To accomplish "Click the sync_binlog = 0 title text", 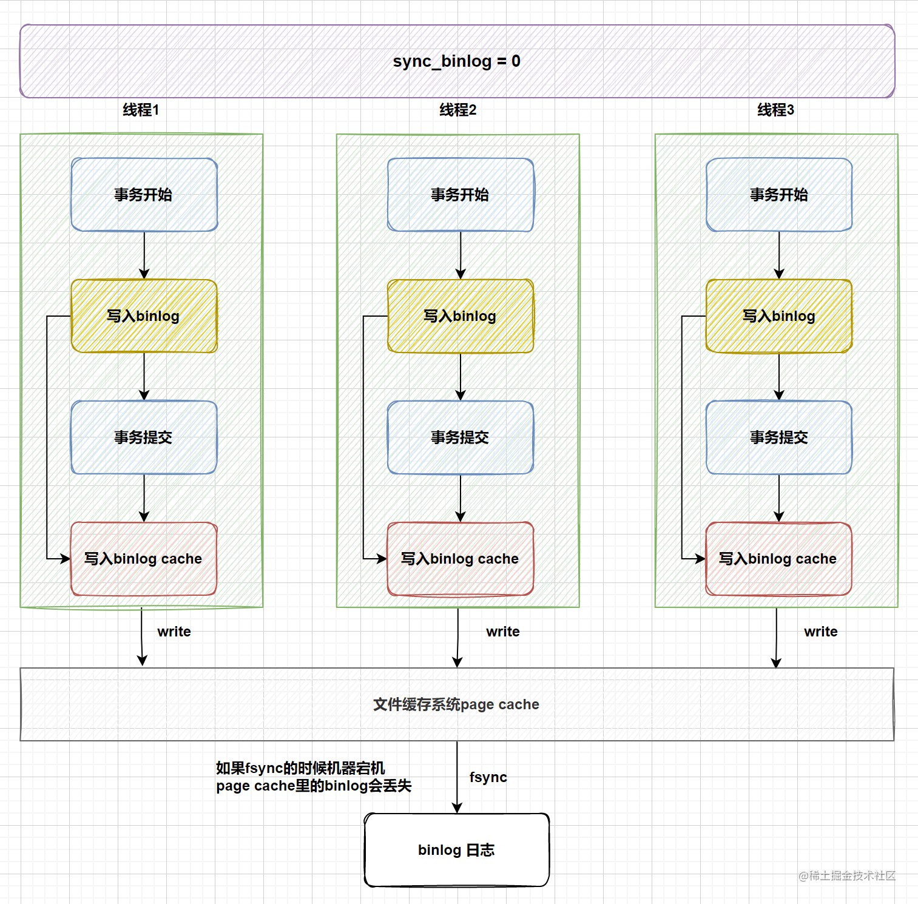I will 456,61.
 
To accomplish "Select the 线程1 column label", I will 141,110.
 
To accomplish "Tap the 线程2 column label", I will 458,110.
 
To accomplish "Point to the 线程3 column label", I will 775,110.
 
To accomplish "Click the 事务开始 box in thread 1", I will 144,195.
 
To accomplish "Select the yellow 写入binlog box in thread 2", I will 461,316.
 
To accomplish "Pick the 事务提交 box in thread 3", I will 779,437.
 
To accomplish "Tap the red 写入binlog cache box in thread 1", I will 144,559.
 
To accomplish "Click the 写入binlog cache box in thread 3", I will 779,559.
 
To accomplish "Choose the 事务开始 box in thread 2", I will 461,195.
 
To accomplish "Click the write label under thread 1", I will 174,632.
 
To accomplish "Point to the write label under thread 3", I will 821,632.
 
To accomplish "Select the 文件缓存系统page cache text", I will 456,704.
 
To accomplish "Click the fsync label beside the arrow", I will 488,777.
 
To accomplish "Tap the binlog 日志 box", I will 457,850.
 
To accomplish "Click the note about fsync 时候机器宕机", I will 314,777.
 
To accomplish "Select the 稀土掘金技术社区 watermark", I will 847,875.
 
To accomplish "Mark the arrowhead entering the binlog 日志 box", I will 457,808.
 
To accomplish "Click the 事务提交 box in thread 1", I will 144,437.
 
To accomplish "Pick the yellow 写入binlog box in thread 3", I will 779,316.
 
